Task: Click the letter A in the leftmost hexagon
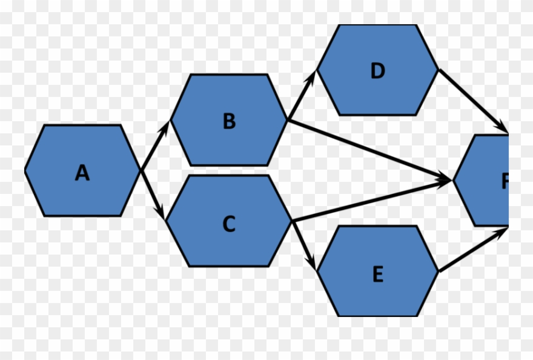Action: [x=82, y=173]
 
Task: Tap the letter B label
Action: [x=229, y=121]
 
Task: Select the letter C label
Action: [x=228, y=224]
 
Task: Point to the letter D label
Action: [x=377, y=71]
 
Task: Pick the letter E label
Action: [x=377, y=275]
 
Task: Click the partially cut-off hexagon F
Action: [x=485, y=181]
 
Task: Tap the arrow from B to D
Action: [x=302, y=95]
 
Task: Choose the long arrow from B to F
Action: [x=369, y=150]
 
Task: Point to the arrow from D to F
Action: [x=473, y=101]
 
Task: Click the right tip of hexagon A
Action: [x=140, y=171]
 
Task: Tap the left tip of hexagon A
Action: [x=25, y=171]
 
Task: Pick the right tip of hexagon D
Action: [x=437, y=69]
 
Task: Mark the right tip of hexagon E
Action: [x=437, y=271]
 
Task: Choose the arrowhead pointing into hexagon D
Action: [x=313, y=75]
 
